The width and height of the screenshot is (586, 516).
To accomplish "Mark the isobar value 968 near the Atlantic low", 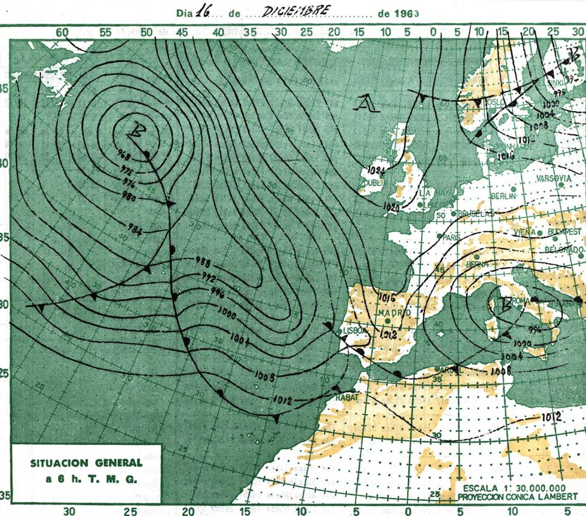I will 124,154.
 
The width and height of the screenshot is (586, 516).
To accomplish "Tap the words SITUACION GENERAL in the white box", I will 87,463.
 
